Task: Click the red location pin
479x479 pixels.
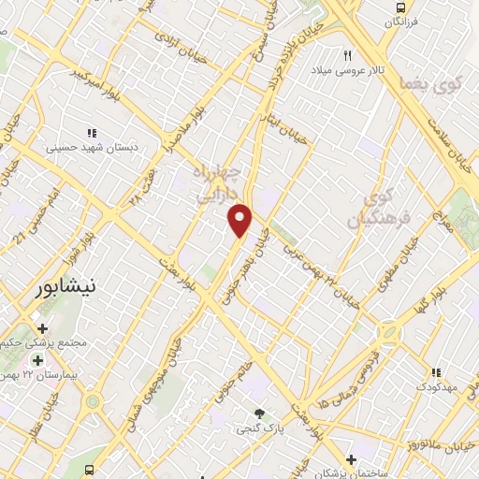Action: pyautogui.click(x=240, y=219)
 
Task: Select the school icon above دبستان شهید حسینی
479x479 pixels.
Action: pyautogui.click(x=92, y=133)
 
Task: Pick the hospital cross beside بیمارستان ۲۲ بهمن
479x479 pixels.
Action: pyautogui.click(x=37, y=360)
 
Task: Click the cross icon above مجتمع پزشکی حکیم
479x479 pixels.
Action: pyautogui.click(x=42, y=328)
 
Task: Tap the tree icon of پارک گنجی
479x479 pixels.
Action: pyautogui.click(x=259, y=413)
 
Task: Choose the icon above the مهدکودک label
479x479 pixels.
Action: pyautogui.click(x=437, y=372)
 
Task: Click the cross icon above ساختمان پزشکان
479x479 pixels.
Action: pyautogui.click(x=351, y=459)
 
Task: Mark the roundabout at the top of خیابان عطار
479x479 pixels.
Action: pyautogui.click(x=93, y=401)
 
